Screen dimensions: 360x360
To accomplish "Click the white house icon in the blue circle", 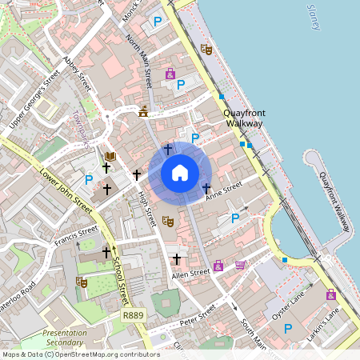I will tap(180, 172).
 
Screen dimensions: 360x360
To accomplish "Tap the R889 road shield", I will tap(134, 318).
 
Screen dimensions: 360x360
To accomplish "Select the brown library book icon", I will tap(110, 155).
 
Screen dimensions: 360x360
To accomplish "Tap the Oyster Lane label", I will tap(290, 306).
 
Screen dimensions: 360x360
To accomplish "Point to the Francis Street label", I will tap(76, 237).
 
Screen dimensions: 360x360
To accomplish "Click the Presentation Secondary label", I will tap(66, 337).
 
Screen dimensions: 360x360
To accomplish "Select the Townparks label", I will tap(86, 130).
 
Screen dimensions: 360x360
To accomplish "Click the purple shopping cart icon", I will tap(241, 265).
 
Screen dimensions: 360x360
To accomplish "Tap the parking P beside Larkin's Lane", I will tap(287, 328).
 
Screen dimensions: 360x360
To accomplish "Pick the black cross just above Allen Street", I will tap(177, 259).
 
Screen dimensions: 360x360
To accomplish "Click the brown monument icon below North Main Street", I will tap(144, 111).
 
